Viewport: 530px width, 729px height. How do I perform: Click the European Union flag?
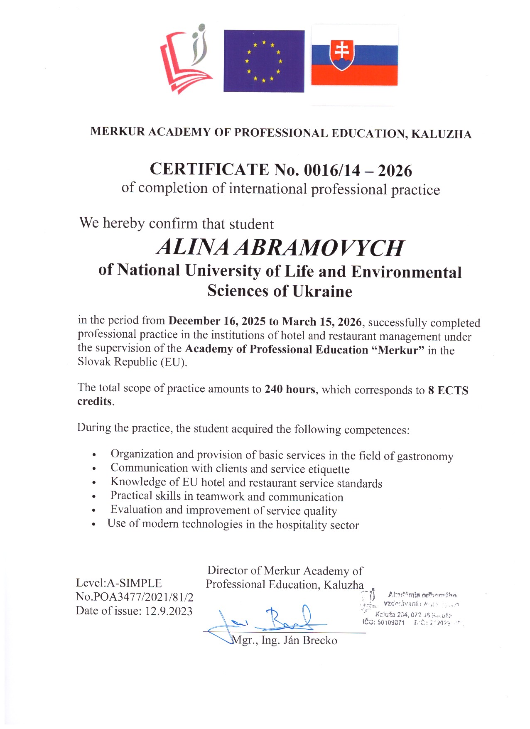[x=264, y=61]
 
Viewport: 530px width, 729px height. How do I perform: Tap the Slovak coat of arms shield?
[x=342, y=55]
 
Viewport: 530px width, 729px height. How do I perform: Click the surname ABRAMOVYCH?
[x=319, y=248]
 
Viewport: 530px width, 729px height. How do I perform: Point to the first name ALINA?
[x=192, y=247]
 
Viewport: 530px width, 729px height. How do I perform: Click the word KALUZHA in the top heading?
[x=441, y=134]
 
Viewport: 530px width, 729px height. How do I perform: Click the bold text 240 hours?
[x=290, y=389]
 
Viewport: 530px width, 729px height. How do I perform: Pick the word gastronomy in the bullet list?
[x=425, y=456]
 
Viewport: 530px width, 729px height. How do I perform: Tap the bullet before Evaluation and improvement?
[x=95, y=511]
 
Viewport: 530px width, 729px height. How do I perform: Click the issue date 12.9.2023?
[x=169, y=611]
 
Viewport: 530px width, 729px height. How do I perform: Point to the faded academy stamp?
[x=411, y=608]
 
